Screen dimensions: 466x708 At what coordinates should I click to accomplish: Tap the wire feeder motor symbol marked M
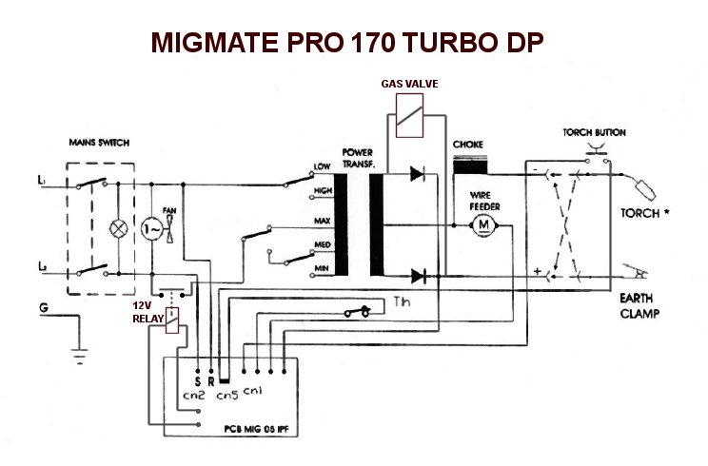[x=482, y=223]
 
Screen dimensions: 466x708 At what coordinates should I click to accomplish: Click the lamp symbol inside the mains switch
[x=119, y=229]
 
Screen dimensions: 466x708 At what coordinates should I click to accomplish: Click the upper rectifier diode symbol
[x=416, y=173]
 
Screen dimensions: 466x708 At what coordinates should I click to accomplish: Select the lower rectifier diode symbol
[x=416, y=276]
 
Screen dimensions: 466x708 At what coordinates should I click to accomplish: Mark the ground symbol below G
[x=76, y=353]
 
